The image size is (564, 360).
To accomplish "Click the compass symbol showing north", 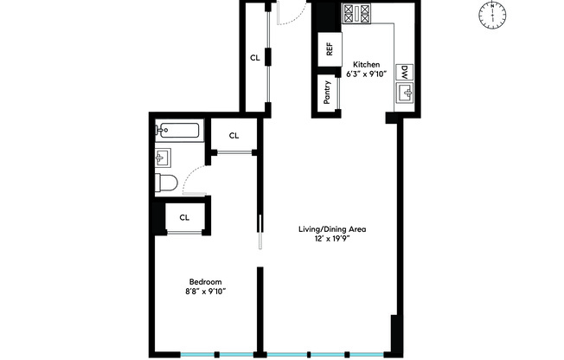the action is pyautogui.click(x=492, y=16).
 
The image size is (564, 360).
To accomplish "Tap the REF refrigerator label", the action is pyautogui.click(x=330, y=49).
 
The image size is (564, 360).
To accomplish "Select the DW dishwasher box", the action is pyautogui.click(x=405, y=73).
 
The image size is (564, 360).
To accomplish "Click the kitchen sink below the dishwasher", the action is pyautogui.click(x=405, y=93).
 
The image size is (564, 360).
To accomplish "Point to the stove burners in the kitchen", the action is pyautogui.click(x=356, y=14).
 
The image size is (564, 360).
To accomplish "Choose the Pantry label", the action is pyautogui.click(x=327, y=93).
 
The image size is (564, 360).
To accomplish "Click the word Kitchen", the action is pyautogui.click(x=366, y=65).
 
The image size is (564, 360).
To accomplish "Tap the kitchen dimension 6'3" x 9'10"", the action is pyautogui.click(x=366, y=74).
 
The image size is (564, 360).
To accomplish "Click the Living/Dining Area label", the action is pyautogui.click(x=332, y=229).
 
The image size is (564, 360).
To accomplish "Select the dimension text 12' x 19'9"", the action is pyautogui.click(x=331, y=239).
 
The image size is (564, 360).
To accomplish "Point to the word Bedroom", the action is pyautogui.click(x=205, y=282).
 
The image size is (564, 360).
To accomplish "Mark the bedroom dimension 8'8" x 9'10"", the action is pyautogui.click(x=205, y=292).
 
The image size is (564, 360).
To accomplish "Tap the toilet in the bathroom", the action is pyautogui.click(x=166, y=183).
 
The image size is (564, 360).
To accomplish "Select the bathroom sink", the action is pyautogui.click(x=163, y=158).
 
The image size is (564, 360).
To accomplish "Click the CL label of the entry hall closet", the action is pyautogui.click(x=255, y=58).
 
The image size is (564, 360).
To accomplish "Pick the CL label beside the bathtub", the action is pyautogui.click(x=234, y=136).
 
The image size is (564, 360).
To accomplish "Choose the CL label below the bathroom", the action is pyautogui.click(x=184, y=217).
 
